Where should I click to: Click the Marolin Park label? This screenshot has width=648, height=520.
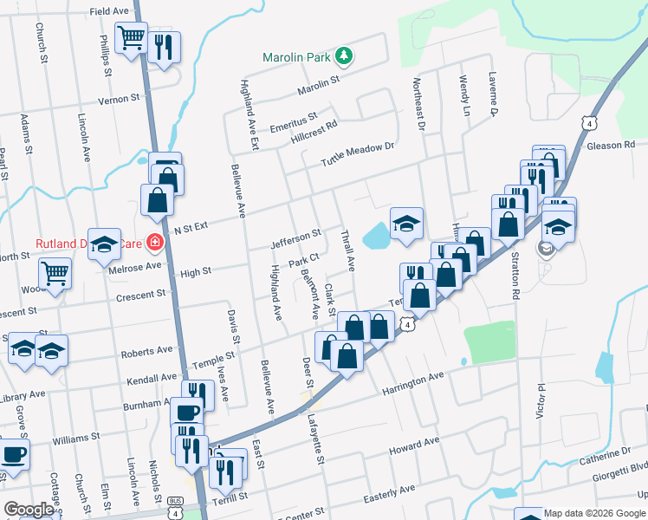click(x=297, y=58)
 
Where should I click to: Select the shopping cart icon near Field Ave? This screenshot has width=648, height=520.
click(x=131, y=37)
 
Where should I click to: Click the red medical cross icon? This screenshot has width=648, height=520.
click(x=154, y=243)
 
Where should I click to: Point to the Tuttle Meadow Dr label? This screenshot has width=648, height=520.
click(x=357, y=155)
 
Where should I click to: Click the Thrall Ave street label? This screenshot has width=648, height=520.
click(x=349, y=250)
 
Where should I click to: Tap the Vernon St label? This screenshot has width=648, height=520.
click(x=119, y=99)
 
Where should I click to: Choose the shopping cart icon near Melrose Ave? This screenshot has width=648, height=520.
click(x=55, y=273)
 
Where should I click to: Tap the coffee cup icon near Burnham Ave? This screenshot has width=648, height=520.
click(x=186, y=412)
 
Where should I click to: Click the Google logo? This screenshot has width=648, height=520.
click(x=28, y=510)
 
